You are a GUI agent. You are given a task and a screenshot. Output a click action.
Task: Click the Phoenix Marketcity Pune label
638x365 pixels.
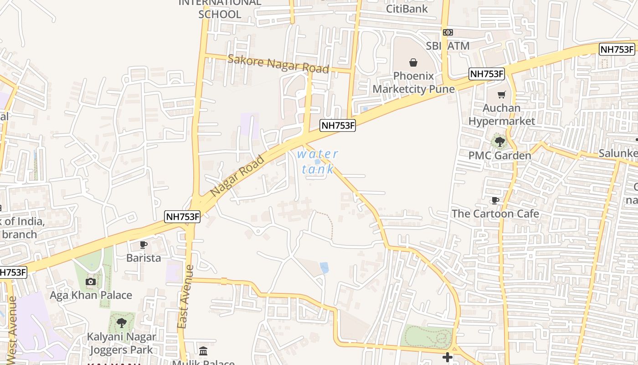coord(414,83)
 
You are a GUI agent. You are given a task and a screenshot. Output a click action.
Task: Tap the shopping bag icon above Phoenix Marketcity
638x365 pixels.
coord(413,62)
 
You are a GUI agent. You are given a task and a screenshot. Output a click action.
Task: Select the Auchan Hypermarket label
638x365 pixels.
coord(501,115)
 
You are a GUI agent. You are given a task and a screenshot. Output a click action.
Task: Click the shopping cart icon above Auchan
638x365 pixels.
coord(502,95)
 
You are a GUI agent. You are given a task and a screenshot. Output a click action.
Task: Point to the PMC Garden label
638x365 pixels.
coord(500,156)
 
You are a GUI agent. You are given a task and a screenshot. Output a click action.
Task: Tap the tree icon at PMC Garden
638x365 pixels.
coord(500,142)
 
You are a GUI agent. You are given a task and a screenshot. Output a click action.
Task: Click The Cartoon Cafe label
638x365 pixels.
coord(495,214)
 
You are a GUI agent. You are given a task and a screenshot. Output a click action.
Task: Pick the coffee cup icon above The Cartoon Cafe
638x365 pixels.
coord(495,200)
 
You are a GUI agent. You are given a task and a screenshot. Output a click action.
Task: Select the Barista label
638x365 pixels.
coord(144,258)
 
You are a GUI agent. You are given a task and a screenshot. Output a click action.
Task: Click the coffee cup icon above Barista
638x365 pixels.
coord(144,245)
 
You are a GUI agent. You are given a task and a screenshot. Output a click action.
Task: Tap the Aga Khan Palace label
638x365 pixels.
coord(91,295)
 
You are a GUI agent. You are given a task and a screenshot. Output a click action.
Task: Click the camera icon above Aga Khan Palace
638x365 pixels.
coord(91,282)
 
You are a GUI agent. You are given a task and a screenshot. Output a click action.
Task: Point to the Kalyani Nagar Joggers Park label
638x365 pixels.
coord(122,344)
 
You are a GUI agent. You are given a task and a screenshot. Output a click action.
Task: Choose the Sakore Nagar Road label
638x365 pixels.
coord(278,64)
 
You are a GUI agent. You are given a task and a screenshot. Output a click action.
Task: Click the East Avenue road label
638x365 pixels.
coord(184,297)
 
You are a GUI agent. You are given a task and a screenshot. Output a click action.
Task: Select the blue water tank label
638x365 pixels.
coord(318,162)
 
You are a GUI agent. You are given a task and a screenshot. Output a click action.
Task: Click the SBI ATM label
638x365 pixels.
coord(448,46)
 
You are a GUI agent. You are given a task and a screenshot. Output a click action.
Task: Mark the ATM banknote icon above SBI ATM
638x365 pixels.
coord(448,32)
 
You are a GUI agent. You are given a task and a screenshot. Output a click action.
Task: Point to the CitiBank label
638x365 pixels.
coord(407,9)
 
